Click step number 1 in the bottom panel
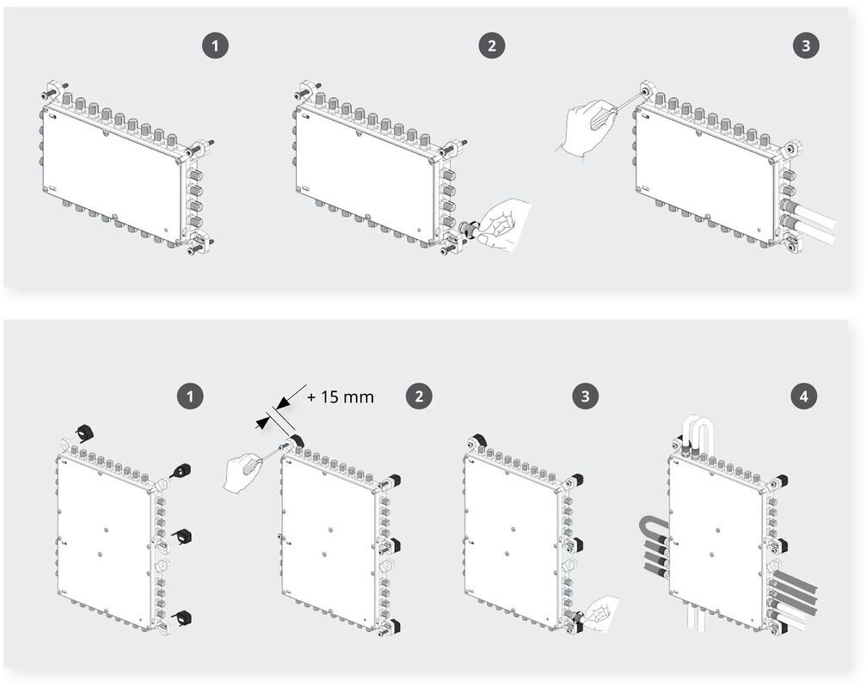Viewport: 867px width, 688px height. (x=190, y=396)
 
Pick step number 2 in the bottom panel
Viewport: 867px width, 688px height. (x=419, y=396)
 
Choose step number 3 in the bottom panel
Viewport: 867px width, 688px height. (x=585, y=396)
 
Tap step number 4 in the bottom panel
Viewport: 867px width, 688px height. (x=804, y=396)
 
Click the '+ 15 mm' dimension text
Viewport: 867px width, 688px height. (x=341, y=397)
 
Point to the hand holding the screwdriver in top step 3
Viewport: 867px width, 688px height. (x=589, y=127)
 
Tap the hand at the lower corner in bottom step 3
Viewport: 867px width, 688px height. (x=605, y=610)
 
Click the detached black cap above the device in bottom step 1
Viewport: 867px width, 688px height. (x=85, y=431)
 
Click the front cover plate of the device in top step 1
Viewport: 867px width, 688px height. (x=112, y=173)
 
